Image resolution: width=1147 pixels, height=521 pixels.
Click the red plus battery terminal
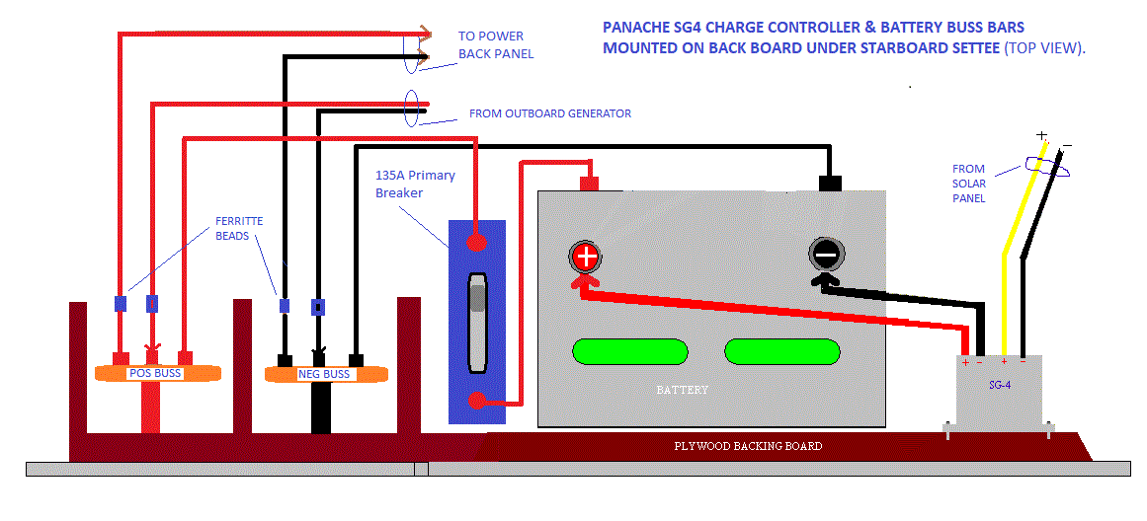click(586, 259)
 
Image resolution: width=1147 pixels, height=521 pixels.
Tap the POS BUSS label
click(155, 374)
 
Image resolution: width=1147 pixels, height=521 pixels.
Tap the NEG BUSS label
click(323, 375)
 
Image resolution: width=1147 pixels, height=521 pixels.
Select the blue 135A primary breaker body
click(477, 322)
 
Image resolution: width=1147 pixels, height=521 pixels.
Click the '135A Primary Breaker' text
click(415, 184)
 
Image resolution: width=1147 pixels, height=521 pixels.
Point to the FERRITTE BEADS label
click(239, 229)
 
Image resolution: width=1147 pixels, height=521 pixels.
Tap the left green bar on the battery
click(629, 352)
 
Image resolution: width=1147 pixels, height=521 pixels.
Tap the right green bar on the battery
click(782, 352)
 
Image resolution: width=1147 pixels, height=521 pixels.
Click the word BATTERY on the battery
click(682, 390)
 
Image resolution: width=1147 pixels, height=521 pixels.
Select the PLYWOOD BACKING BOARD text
click(748, 447)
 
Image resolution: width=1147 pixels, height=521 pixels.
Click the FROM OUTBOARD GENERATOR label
click(549, 113)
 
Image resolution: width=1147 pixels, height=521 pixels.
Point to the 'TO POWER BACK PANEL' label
click(495, 44)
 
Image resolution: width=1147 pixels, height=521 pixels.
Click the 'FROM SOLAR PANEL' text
click(968, 184)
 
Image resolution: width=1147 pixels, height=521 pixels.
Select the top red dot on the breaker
click(476, 241)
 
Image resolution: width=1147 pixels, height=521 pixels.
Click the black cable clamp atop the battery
click(830, 183)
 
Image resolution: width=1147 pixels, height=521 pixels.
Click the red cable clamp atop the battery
click(589, 183)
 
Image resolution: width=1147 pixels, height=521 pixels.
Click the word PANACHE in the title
click(632, 29)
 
